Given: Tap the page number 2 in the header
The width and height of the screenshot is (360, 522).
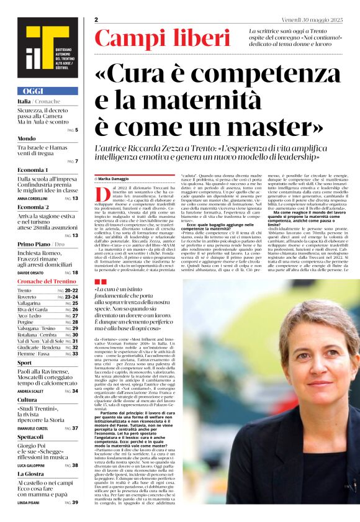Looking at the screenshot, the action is (96, 20).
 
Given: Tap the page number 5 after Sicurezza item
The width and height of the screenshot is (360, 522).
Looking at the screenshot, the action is (76, 130).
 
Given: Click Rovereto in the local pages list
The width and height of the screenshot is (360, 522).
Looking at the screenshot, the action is (29, 297).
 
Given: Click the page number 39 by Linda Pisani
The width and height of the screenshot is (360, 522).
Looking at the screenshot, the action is (75, 502).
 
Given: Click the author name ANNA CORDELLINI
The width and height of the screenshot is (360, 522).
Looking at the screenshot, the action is (35, 198).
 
